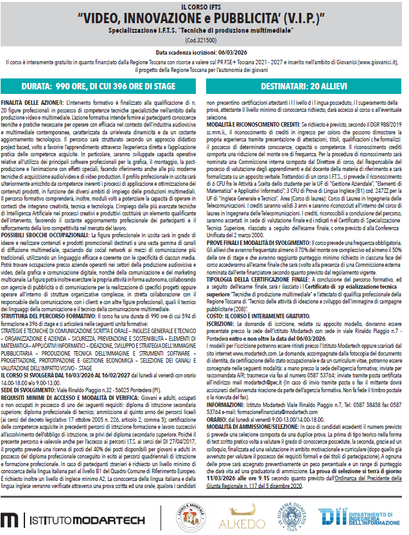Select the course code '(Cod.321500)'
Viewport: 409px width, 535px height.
click(x=204, y=40)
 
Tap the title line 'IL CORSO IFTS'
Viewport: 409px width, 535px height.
click(x=204, y=5)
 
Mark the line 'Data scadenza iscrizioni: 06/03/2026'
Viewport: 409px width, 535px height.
click(x=204, y=51)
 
